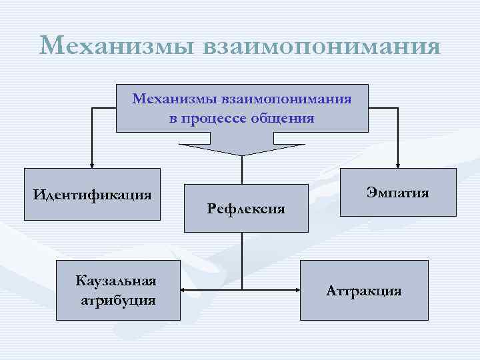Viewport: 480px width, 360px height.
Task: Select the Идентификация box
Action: (93, 195)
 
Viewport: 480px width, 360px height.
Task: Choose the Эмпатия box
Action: (398, 193)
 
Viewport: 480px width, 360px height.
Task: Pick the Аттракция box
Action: (363, 290)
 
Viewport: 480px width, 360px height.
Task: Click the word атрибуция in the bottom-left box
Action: (118, 300)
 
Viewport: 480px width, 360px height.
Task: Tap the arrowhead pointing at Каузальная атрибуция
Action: (184, 290)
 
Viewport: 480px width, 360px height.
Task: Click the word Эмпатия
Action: (398, 193)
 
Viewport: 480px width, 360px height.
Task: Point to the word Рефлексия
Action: (246, 209)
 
